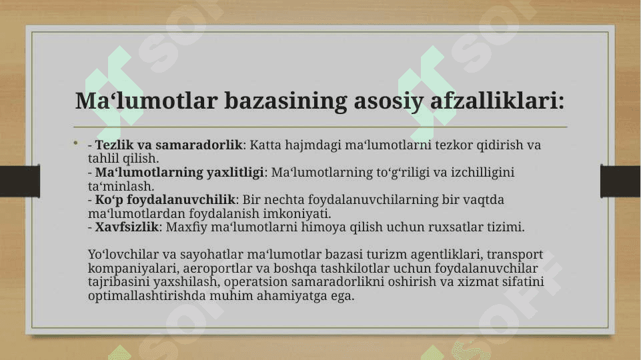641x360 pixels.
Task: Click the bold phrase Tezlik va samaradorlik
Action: coord(169,145)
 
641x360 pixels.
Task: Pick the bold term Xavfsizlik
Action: coord(126,227)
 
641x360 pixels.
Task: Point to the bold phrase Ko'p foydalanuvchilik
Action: coord(165,200)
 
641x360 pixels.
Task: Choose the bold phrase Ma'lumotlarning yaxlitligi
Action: coord(179,173)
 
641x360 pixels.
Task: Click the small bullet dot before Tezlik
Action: coord(75,143)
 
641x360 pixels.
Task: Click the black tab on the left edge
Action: coord(19,181)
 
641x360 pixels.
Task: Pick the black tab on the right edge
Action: coord(620,181)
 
